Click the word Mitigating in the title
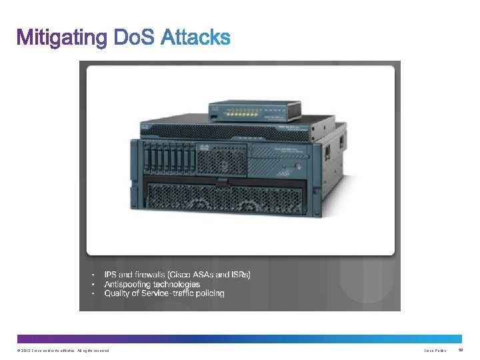61,38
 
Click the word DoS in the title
135,37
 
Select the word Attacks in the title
196,37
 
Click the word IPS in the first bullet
111,275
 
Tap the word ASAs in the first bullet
205,275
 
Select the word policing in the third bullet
209,293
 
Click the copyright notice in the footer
63,350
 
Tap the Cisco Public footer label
435,350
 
